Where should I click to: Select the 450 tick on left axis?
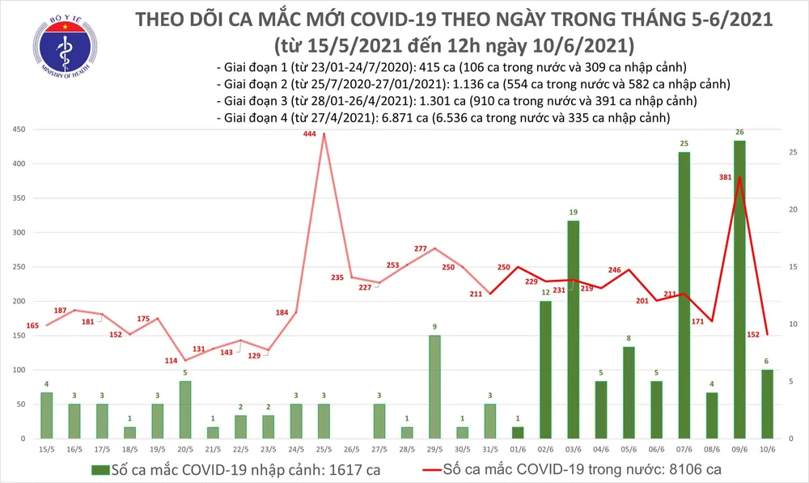click(18, 130)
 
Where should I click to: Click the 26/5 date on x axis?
click(351, 449)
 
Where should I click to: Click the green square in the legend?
click(100, 468)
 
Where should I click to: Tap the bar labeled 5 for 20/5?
click(185, 409)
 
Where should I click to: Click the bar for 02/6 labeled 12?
click(545, 369)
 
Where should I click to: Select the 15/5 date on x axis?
click(46, 449)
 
